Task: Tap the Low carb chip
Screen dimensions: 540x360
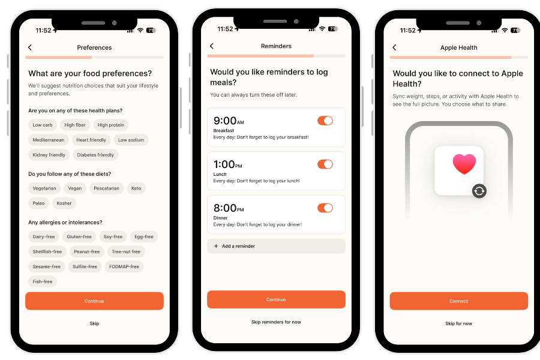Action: pyautogui.click(x=43, y=125)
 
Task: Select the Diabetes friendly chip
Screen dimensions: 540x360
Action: pyautogui.click(x=95, y=155)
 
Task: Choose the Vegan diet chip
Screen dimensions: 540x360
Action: pyautogui.click(x=75, y=188)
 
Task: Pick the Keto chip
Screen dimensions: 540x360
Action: pyautogui.click(x=136, y=188)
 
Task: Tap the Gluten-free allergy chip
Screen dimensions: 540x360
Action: pyautogui.click(x=79, y=236)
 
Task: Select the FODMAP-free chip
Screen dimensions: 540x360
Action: pyautogui.click(x=124, y=266)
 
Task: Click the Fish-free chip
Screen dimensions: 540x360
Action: pyautogui.click(x=43, y=281)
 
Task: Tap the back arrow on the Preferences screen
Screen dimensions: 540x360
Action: pyautogui.click(x=30, y=47)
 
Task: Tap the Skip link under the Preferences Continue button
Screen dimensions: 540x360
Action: pyautogui.click(x=94, y=323)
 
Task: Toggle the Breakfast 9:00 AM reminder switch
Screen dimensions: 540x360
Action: pyautogui.click(x=325, y=121)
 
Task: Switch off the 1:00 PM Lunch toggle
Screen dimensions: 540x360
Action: pyautogui.click(x=325, y=164)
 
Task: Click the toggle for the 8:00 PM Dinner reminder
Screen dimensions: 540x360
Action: pyautogui.click(x=325, y=208)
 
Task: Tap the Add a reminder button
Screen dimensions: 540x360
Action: pyautogui.click(x=276, y=246)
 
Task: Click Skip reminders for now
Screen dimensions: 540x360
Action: pyautogui.click(x=276, y=322)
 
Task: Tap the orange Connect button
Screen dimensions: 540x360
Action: pyautogui.click(x=459, y=301)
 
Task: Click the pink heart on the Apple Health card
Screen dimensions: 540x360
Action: pyautogui.click(x=464, y=164)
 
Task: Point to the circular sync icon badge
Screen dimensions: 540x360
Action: pyautogui.click(x=479, y=191)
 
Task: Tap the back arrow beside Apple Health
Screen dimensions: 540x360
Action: pyautogui.click(x=394, y=47)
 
